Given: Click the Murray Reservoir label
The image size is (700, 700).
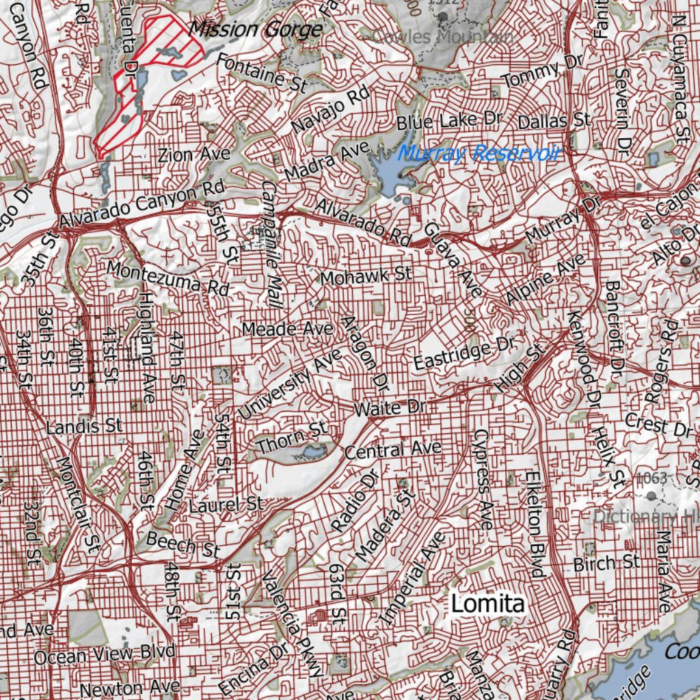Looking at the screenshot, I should pyautogui.click(x=479, y=153).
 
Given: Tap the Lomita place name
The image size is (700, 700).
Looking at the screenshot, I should pyautogui.click(x=488, y=604).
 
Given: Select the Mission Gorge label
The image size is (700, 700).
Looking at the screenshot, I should pyautogui.click(x=255, y=29).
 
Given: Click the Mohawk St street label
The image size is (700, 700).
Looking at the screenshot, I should pyautogui.click(x=366, y=277).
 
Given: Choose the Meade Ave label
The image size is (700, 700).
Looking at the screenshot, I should pyautogui.click(x=288, y=329).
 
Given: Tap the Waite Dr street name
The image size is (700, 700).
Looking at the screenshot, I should pyautogui.click(x=390, y=408).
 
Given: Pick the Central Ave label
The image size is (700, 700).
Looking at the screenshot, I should pyautogui.click(x=393, y=450).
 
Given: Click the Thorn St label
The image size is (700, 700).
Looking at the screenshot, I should pyautogui.click(x=292, y=438).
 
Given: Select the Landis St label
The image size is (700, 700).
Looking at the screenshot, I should pyautogui.click(x=84, y=427).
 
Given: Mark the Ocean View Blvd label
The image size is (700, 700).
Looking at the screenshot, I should pyautogui.click(x=104, y=654).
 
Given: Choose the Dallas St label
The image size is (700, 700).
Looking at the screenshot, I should pyautogui.click(x=554, y=122).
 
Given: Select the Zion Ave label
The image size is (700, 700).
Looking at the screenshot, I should pyautogui.click(x=194, y=154).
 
